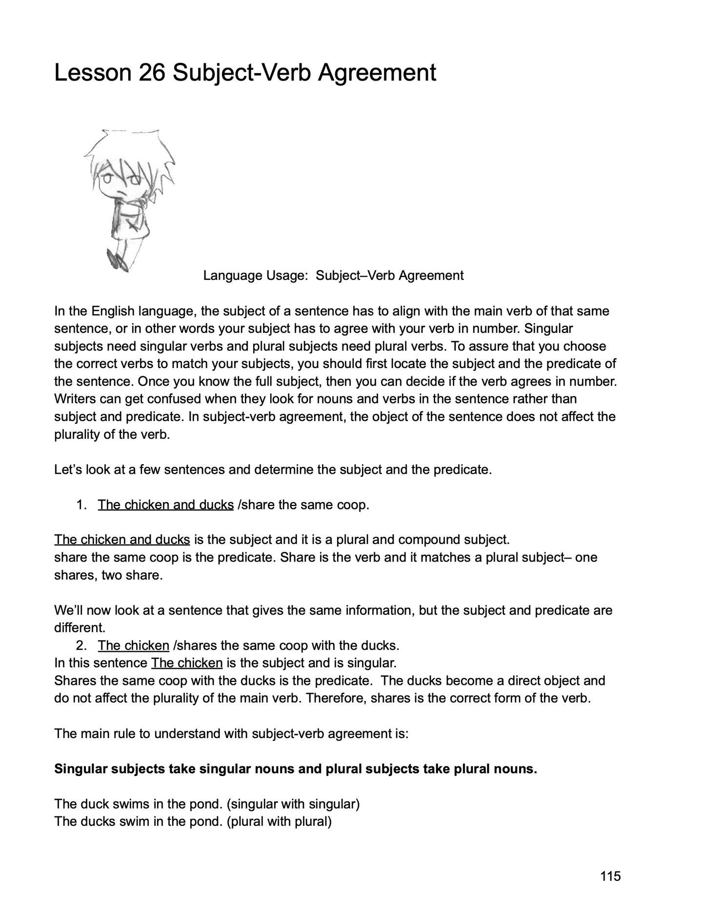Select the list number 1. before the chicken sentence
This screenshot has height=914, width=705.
click(81, 505)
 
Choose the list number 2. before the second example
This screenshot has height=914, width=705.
click(81, 645)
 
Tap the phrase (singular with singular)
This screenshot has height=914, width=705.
click(293, 804)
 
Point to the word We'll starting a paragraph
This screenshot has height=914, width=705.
click(67, 610)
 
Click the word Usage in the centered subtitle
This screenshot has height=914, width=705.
click(287, 275)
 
